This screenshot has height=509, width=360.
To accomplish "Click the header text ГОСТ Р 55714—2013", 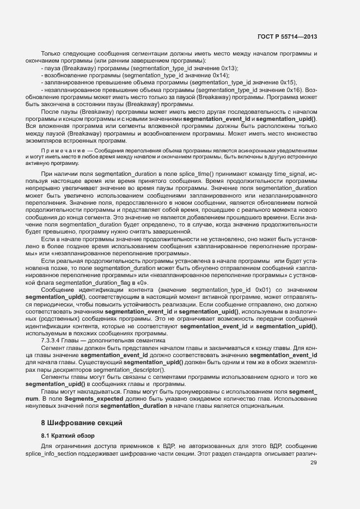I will pos(287,37).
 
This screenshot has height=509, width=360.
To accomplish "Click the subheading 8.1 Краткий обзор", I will pos(69,436).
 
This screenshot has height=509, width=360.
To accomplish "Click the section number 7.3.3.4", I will pos(53,340).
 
